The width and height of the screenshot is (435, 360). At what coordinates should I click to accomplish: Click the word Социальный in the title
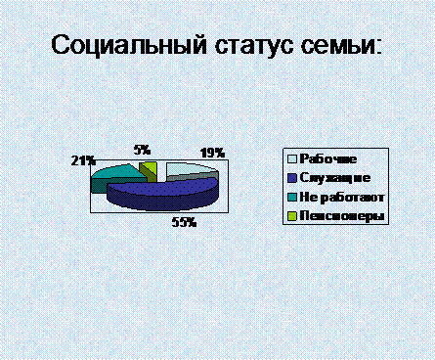(129, 45)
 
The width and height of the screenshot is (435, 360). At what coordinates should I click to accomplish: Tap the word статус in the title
(253, 46)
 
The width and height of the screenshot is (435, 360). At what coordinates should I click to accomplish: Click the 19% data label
(212, 153)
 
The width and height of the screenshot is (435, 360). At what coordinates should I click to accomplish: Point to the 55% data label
(184, 222)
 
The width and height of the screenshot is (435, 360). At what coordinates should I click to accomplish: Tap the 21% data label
(83, 160)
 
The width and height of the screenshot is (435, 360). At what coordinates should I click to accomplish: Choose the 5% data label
(142, 150)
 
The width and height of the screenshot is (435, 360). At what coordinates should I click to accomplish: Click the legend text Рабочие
(328, 158)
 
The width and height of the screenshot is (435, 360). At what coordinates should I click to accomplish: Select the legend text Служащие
(335, 178)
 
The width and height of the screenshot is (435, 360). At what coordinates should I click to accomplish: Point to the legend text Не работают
(342, 197)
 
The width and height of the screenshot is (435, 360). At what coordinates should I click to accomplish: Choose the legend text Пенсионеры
(342, 216)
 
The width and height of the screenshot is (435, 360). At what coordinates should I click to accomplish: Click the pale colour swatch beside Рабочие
(292, 158)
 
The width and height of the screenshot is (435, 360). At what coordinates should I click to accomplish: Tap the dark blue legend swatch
(292, 178)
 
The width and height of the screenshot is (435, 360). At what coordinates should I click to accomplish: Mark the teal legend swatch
(292, 197)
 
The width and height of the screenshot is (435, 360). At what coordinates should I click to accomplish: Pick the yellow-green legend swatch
(292, 216)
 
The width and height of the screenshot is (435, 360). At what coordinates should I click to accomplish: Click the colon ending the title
(378, 48)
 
